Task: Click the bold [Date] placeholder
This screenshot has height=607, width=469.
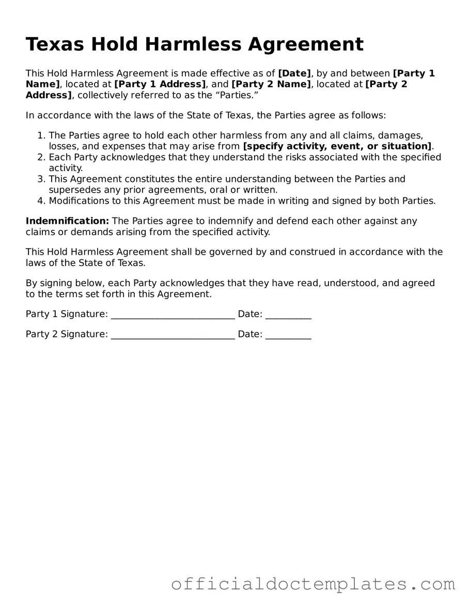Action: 294,73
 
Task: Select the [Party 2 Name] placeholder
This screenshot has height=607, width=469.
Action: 271,84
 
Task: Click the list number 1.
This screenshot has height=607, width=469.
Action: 41,135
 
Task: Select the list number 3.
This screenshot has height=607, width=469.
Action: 41,179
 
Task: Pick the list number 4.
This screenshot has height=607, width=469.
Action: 41,201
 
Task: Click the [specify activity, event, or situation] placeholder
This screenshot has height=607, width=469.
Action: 338,146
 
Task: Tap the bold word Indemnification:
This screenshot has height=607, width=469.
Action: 67,221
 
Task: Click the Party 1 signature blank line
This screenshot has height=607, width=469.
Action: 173,314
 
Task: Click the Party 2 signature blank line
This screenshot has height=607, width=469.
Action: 173,334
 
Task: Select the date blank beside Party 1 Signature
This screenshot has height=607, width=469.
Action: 288,314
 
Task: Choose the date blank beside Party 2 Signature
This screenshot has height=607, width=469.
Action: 288,334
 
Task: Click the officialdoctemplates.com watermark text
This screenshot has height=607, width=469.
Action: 313,584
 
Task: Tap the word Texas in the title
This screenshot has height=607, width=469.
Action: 55,44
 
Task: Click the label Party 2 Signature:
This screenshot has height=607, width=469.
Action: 67,334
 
